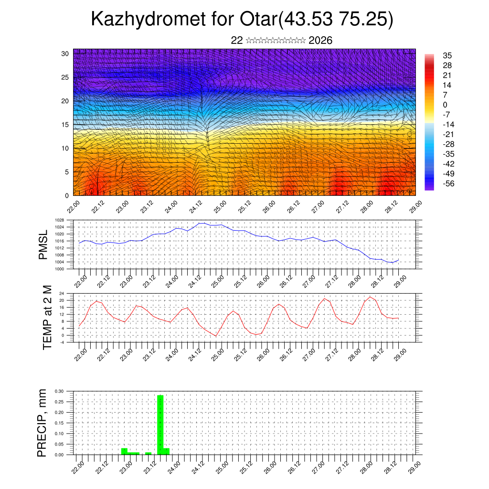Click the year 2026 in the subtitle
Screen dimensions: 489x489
[320, 41]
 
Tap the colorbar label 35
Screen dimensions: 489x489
[447, 56]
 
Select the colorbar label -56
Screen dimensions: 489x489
[448, 183]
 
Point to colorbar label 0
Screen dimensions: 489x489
[445, 105]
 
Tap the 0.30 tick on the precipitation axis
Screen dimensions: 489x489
[59, 391]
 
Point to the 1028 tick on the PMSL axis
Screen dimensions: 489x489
[59, 220]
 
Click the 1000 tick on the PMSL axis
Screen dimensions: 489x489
[59, 269]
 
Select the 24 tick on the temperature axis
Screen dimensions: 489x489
[62, 293]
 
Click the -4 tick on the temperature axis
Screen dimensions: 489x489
[62, 342]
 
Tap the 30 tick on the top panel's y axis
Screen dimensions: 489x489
[64, 53]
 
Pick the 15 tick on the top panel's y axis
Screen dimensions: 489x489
[64, 125]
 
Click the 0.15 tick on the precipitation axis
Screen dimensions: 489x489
[59, 423]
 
